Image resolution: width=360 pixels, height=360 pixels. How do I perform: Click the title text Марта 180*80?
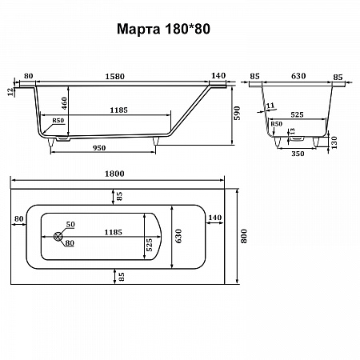coord(163,29)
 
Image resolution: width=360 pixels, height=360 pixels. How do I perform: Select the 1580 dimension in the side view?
coord(114,77)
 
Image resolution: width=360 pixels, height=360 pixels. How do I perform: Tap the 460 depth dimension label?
coord(64,103)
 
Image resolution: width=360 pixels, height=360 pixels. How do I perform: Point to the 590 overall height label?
coord(237,113)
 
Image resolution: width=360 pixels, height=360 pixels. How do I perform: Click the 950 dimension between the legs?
coord(99,148)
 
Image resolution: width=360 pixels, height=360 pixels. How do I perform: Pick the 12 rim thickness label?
coord(10,92)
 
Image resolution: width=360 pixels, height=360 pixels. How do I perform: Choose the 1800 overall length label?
coord(114,174)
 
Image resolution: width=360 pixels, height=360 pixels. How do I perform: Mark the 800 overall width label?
coord(244,236)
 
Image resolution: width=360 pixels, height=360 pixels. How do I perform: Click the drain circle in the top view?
coord(58,236)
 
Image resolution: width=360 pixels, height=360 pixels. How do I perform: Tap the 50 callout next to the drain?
coord(70,224)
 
